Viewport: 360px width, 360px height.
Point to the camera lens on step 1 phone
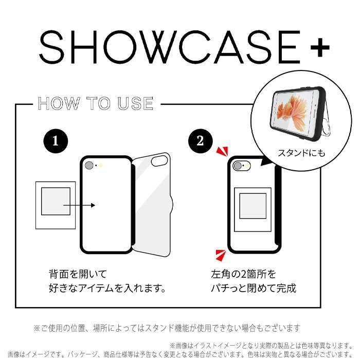[89, 166]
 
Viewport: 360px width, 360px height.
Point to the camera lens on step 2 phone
[237, 166]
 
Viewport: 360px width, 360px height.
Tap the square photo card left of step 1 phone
[56, 205]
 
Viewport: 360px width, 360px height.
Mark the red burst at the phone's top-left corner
[222, 151]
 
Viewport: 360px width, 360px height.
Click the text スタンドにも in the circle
[301, 153]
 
